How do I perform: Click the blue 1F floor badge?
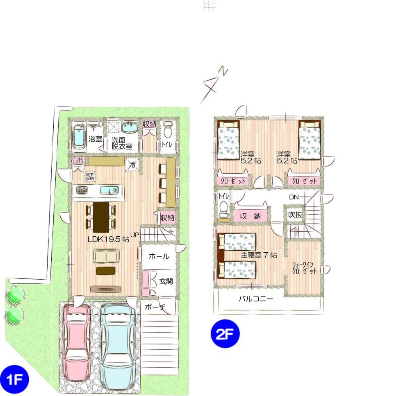point(14,376)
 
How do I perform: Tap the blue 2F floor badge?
point(225,333)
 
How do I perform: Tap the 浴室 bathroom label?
point(96,139)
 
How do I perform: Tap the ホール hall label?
point(159,257)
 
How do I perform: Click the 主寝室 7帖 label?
point(259,255)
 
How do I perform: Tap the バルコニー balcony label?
point(256,299)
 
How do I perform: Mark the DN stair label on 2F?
point(294,197)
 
